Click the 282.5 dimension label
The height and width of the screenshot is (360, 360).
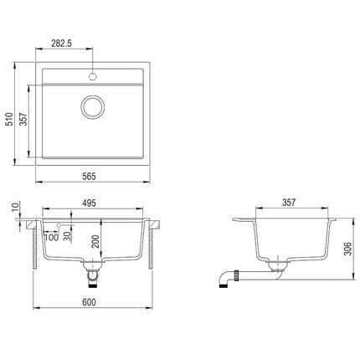pos(62,44)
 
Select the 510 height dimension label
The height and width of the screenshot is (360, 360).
pos(10,119)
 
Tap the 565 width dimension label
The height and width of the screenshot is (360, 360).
pos(90,177)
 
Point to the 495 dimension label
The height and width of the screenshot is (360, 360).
pos(90,203)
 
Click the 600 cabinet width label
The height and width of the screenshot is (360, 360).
pos(90,302)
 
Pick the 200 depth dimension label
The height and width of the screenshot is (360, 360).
pos(95,242)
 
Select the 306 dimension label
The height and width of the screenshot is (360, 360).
pos(348,249)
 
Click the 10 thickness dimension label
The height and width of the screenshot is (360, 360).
pos(16,208)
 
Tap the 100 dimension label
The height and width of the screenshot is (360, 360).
pos(52,238)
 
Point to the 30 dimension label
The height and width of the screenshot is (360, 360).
pos(67,237)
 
